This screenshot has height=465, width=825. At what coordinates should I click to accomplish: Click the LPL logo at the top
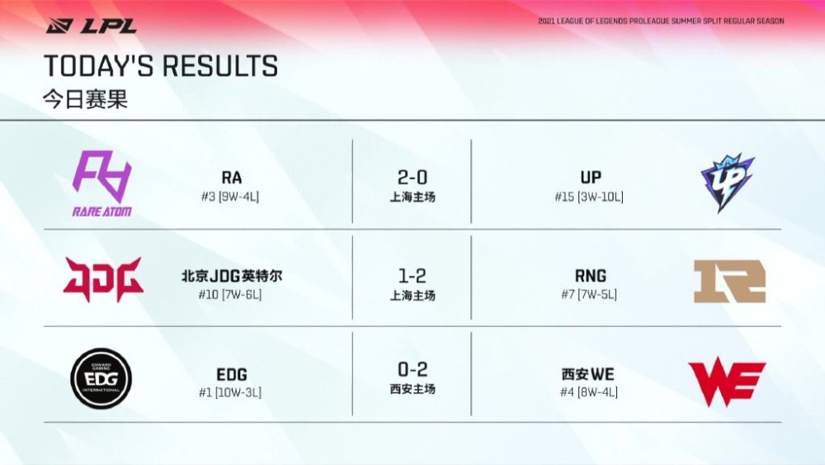(x=92, y=26)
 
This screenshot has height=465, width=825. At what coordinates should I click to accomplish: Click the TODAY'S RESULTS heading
(x=161, y=66)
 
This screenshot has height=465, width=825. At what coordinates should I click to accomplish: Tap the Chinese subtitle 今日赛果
(x=85, y=99)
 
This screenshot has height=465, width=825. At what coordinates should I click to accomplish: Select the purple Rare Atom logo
(x=102, y=183)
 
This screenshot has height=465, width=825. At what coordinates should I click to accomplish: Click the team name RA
(x=232, y=178)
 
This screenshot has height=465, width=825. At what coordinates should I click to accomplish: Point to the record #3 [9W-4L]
(x=230, y=197)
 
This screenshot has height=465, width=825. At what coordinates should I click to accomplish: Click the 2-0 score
(x=412, y=178)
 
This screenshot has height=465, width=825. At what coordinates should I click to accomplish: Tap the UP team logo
(x=728, y=183)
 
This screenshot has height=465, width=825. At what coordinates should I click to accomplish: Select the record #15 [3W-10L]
(x=589, y=197)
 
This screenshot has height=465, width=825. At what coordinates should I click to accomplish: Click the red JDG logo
(x=103, y=279)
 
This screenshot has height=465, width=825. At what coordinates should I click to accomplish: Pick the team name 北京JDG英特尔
(x=232, y=276)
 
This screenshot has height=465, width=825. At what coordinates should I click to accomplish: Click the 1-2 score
(x=412, y=276)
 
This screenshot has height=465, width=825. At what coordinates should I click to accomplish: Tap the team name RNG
(x=591, y=275)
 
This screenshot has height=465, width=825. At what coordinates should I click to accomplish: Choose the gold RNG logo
(x=730, y=281)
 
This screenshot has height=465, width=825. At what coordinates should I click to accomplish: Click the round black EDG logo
(x=101, y=378)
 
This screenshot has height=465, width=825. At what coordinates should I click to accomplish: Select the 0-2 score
(x=412, y=369)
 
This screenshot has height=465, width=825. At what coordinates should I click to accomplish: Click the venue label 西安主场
(x=412, y=389)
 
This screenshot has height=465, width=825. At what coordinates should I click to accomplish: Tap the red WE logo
(x=727, y=382)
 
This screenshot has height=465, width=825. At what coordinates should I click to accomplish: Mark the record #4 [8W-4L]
(x=589, y=392)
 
